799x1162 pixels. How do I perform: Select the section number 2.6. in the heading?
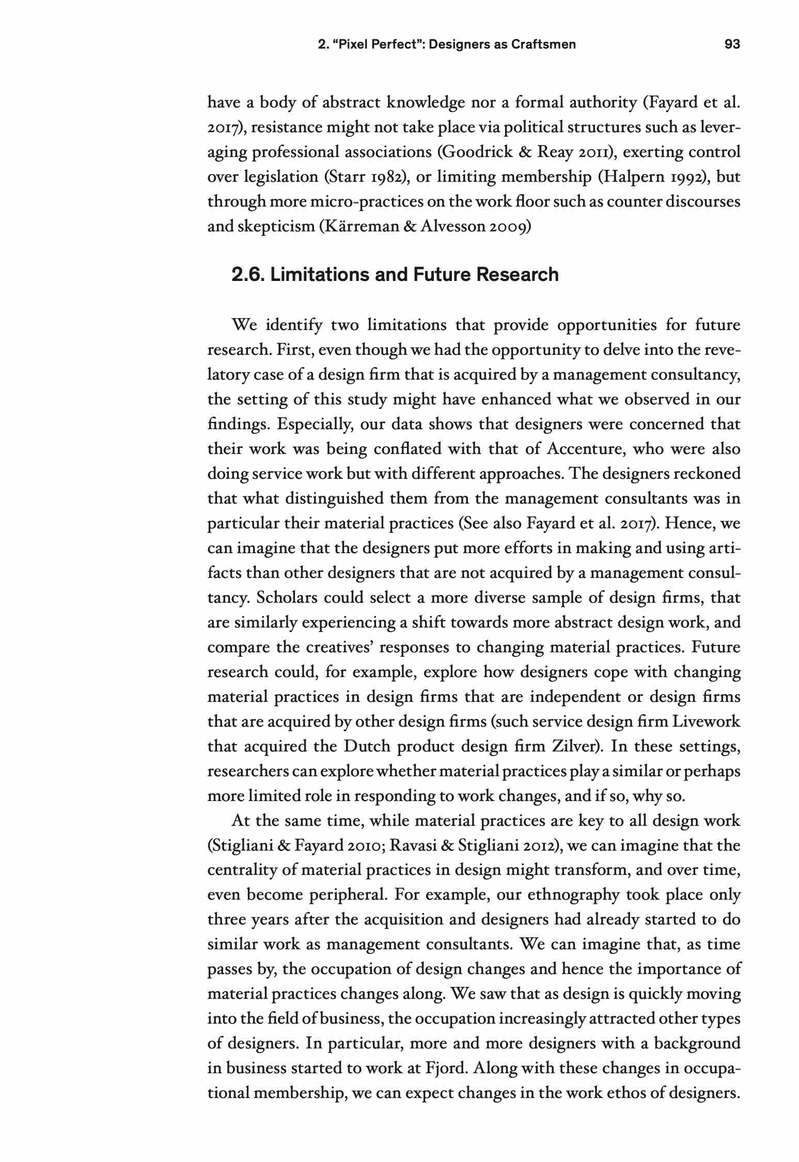click(x=248, y=274)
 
